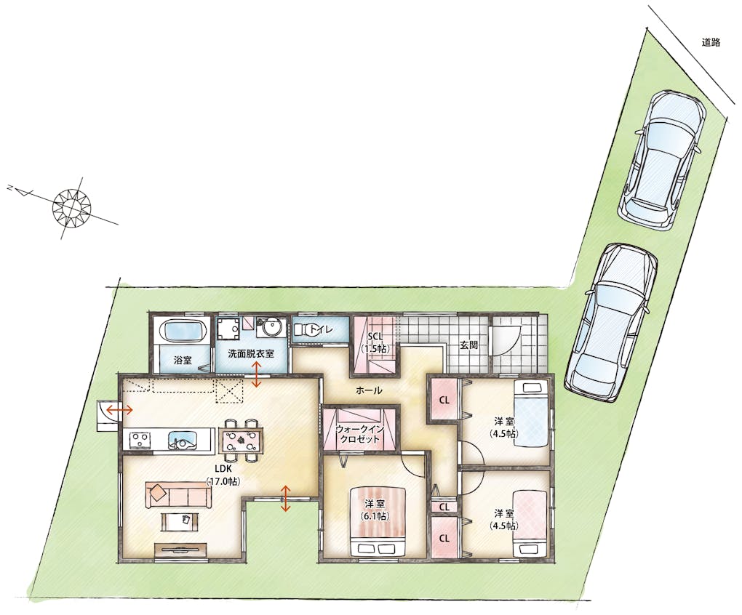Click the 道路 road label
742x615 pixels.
click(711, 42)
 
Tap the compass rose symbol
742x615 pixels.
click(71, 206)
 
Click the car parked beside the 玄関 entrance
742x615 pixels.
click(610, 323)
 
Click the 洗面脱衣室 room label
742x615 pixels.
click(251, 353)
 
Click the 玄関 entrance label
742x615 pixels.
click(468, 345)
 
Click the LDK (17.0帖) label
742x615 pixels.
click(223, 475)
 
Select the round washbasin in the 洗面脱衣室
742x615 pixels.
click(270, 328)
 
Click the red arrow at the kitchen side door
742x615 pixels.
click(119, 410)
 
